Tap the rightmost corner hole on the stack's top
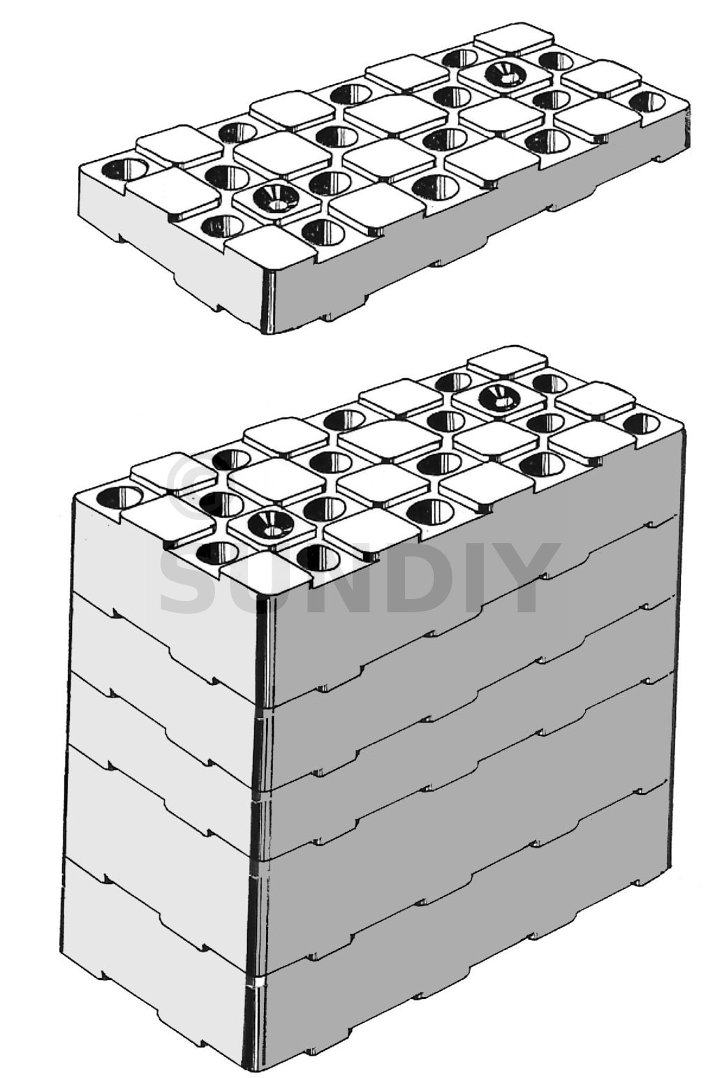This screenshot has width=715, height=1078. tap(643, 424)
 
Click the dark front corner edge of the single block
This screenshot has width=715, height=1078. tap(267, 301)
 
